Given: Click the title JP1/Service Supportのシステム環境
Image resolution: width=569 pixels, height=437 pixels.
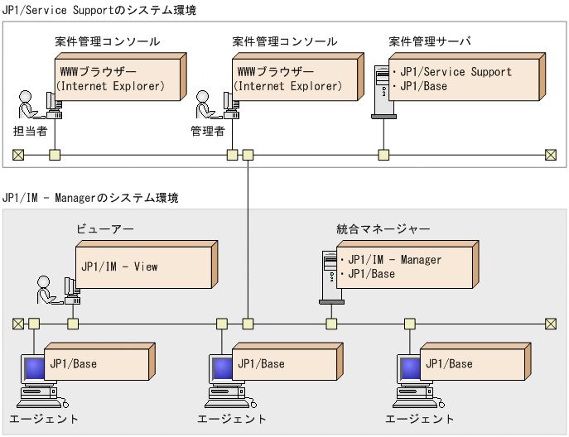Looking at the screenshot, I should click(x=99, y=9).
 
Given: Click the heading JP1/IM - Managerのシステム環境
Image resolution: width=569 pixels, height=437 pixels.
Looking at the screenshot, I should click(x=90, y=198).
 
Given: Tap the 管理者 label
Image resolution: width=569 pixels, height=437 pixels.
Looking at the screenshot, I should click(x=208, y=131).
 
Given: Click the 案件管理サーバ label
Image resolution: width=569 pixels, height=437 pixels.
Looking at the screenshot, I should click(x=429, y=41).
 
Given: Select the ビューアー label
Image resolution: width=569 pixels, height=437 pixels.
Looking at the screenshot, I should click(x=105, y=228).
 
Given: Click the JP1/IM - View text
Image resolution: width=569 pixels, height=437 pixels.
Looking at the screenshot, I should click(x=119, y=267).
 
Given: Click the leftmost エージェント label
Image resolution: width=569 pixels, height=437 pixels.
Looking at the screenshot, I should click(x=44, y=419).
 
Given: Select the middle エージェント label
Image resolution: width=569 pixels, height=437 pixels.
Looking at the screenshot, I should click(x=232, y=419).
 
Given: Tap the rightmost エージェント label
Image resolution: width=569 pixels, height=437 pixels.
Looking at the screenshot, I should click(x=420, y=419).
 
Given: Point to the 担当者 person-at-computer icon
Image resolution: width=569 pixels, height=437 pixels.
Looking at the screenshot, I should click(x=36, y=104).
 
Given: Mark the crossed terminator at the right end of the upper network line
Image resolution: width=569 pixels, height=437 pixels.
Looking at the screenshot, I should click(x=551, y=155).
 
